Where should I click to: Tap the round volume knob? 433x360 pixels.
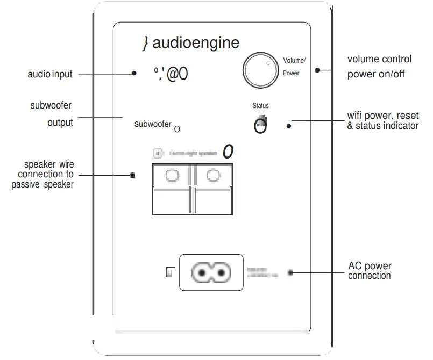pos(260,70)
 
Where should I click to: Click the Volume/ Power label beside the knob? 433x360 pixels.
pos(294,67)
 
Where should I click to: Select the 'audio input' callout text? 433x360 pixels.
pos(49,74)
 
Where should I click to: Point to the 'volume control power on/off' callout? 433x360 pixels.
pos(379,67)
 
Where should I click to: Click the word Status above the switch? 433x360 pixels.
pos(260,106)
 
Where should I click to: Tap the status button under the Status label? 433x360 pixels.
pos(260,126)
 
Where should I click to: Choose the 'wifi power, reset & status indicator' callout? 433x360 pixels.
pos(382,121)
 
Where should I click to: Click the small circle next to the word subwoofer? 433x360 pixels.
pos(178,129)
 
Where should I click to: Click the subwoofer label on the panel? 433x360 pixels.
pos(153,124)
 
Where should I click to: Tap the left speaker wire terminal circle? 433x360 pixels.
pos(172,175)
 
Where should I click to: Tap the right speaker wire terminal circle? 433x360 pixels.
pos(213,175)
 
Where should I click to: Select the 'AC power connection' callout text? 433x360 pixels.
pos(370,271)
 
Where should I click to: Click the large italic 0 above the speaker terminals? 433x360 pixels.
pos(228,152)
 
